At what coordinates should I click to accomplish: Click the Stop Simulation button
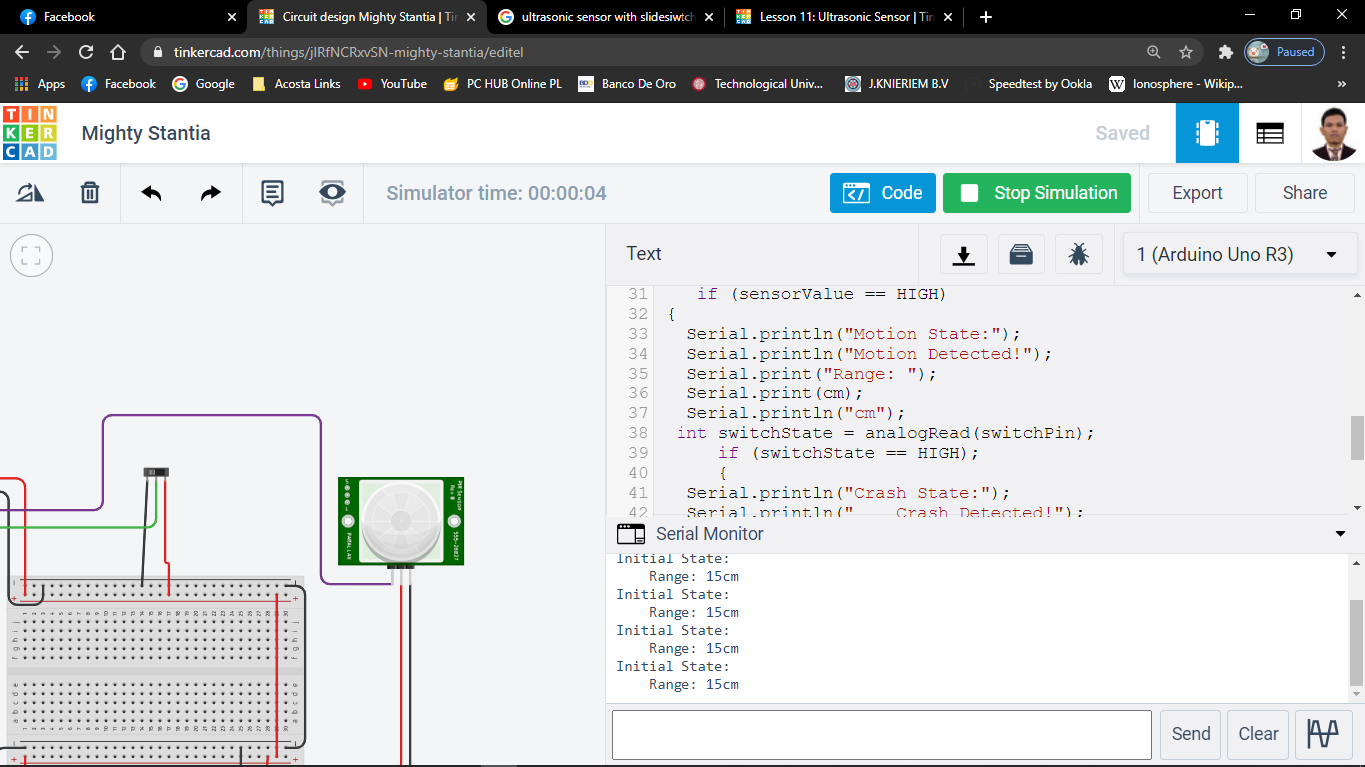coord(1036,193)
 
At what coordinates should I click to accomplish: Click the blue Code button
coord(882,193)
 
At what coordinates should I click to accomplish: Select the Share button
coord(1304,193)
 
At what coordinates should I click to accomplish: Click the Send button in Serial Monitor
coord(1190,734)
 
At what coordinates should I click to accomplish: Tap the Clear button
coord(1258,734)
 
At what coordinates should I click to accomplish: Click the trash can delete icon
coord(90,193)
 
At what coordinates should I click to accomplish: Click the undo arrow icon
coord(151,193)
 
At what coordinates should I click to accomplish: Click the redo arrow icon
coord(210,193)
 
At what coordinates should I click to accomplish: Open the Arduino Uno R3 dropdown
coord(1239,254)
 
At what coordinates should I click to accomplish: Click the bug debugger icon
coord(1078,254)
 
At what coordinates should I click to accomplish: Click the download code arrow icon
coord(963,254)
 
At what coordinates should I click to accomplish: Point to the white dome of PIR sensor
coord(398,520)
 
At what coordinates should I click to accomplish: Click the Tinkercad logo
coord(30,133)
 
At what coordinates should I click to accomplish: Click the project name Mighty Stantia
coord(146,133)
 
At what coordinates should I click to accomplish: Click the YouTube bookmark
coord(392,84)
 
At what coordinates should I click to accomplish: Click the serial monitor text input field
coord(880,734)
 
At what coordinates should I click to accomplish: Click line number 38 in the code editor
coord(638,433)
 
